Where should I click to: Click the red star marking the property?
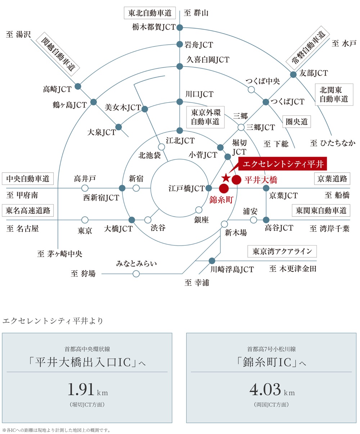[226, 177]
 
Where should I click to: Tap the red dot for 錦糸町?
[224, 188]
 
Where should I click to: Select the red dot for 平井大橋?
[236, 180]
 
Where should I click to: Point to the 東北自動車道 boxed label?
[150, 13]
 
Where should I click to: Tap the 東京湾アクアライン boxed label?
[282, 251]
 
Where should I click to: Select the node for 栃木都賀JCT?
[180, 27]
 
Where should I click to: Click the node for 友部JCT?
[293, 74]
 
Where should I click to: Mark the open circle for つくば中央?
[251, 90]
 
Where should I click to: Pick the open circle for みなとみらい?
[136, 274]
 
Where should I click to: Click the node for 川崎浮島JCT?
[212, 261]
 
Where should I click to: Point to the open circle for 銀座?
[198, 210]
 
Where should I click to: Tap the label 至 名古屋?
[22, 229]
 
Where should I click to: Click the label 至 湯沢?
[19, 35]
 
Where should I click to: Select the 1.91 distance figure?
[81, 390]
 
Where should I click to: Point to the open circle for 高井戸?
[85, 188]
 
